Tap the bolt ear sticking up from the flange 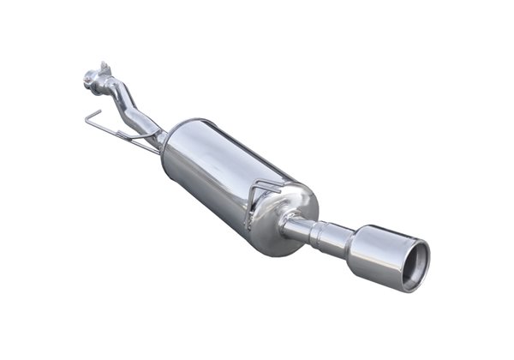(x=105, y=66)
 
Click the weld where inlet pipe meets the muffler (x=160, y=137)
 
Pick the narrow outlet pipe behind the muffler (x=304, y=229)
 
